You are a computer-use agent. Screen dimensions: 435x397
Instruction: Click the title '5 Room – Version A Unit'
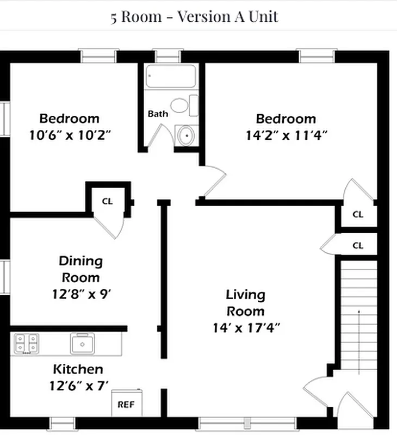(194, 16)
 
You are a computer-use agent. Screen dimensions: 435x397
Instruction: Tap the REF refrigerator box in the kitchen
(126, 405)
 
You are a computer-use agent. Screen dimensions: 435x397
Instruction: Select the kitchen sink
(82, 344)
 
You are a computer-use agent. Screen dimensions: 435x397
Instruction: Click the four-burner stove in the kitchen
(27, 343)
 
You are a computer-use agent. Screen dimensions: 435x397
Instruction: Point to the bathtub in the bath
(170, 77)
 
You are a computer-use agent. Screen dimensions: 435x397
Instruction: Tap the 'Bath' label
(158, 114)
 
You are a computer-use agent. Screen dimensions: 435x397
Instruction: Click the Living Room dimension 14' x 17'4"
(246, 328)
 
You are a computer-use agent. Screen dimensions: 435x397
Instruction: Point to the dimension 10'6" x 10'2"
(70, 134)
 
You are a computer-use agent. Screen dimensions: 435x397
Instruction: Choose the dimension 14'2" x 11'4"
(286, 134)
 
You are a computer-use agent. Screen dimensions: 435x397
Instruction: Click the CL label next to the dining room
(108, 201)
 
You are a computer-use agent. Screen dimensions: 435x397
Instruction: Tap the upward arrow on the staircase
(359, 326)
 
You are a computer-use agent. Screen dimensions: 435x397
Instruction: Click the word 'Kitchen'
(78, 369)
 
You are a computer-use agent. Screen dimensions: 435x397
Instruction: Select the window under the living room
(247, 422)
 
